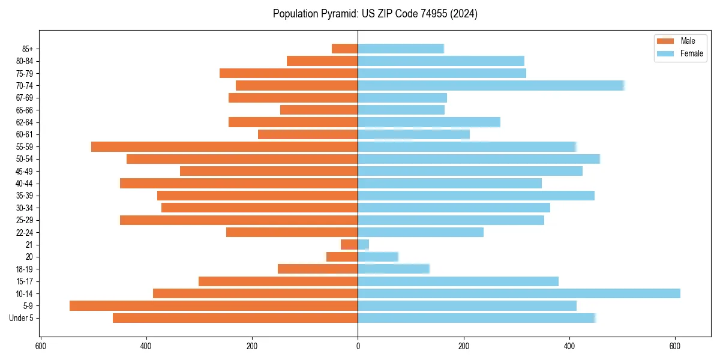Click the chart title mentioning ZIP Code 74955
coord(375,14)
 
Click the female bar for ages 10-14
coord(519,293)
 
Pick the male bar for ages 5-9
coord(214,305)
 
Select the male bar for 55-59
coord(224,146)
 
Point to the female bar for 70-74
coord(491,85)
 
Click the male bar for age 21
coord(349,244)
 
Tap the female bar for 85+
coord(401,49)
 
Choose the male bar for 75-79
coord(289,73)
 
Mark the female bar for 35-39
coord(476,196)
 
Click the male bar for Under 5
coord(235,318)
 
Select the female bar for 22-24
coord(421,232)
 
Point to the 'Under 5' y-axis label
coord(21,318)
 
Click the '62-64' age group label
coord(25,122)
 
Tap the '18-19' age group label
coord(25,269)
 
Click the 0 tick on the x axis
coord(358,346)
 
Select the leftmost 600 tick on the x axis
coord(41,346)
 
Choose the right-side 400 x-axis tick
coord(569,346)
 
